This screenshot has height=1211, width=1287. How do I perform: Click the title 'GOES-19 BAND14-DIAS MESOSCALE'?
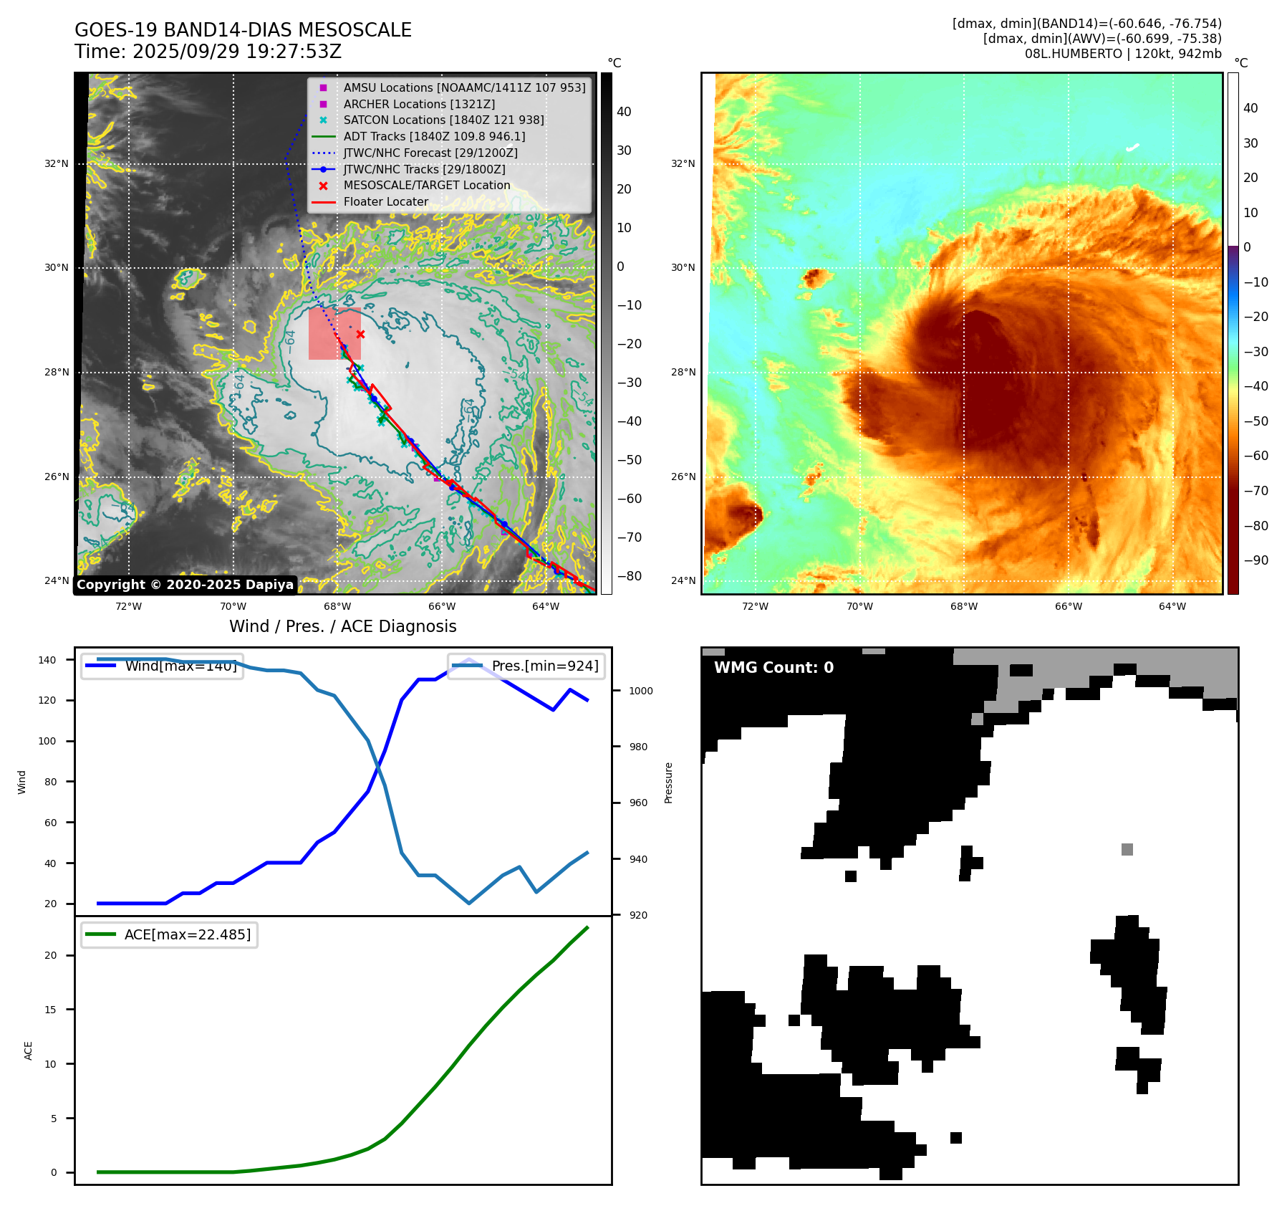(x=243, y=30)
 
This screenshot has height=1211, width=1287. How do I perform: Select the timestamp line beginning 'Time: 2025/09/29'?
(x=208, y=52)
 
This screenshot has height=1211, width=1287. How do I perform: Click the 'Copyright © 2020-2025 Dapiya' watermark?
(x=185, y=585)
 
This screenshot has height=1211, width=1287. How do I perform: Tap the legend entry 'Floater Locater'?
(x=385, y=202)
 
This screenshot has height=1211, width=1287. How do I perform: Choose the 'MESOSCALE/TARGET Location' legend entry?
(x=427, y=186)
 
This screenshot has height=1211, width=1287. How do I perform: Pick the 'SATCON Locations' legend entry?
(x=443, y=120)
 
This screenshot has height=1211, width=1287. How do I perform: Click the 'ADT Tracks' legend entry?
(x=434, y=136)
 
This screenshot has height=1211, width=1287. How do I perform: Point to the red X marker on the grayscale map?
(x=360, y=335)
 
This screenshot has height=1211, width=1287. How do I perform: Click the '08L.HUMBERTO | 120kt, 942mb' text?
(x=1123, y=54)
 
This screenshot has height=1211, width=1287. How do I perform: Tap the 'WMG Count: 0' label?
(x=773, y=668)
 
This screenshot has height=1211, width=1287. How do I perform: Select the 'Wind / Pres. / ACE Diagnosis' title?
(x=342, y=626)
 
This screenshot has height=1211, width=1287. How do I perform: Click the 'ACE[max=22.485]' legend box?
(x=170, y=934)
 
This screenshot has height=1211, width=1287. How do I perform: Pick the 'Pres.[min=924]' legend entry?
(x=527, y=666)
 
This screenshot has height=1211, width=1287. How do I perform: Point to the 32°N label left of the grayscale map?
(x=57, y=163)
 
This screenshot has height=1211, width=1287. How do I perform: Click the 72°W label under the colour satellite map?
(x=755, y=606)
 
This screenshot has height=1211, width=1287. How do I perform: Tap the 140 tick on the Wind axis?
(x=47, y=660)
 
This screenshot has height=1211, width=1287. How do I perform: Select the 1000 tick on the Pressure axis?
(x=640, y=691)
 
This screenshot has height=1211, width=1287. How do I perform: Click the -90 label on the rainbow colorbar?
(x=1255, y=560)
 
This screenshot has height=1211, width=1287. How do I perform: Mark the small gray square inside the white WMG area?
(x=1127, y=849)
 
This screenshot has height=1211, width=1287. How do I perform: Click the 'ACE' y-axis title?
(x=29, y=1050)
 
